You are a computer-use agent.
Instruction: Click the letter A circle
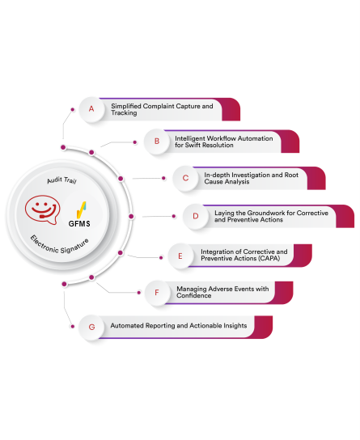pyautogui.click(x=91, y=109)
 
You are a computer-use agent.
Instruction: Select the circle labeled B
pyautogui.click(x=157, y=142)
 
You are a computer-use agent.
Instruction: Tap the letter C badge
pyautogui.click(x=185, y=178)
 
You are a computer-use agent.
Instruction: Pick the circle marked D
pyautogui.click(x=196, y=216)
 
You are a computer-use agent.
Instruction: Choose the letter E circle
pyautogui.click(x=180, y=256)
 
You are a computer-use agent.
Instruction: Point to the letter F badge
pyautogui.click(x=157, y=293)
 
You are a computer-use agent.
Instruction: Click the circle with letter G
pyautogui.click(x=91, y=327)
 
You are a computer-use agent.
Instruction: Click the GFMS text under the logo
pyautogui.click(x=79, y=224)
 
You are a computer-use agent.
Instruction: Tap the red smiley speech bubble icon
pyautogui.click(x=42, y=209)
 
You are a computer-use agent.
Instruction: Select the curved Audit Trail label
pyautogui.click(x=61, y=180)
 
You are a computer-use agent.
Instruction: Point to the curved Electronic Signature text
pyautogui.click(x=60, y=245)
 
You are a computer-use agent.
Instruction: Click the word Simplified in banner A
pyautogui.click(x=126, y=106)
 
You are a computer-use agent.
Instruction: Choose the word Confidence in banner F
pyautogui.click(x=194, y=295)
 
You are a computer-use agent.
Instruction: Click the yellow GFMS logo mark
pyautogui.click(x=81, y=210)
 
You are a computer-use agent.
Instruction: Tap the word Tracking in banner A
pyautogui.click(x=124, y=113)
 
